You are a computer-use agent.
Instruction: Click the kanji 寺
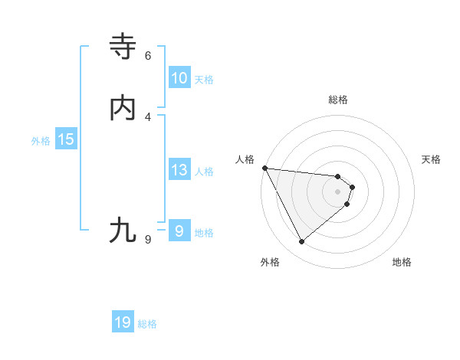click(x=123, y=47)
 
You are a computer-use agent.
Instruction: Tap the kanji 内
click(x=123, y=108)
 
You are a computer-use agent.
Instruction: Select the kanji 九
click(x=123, y=230)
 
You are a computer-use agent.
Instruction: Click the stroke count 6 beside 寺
click(x=148, y=55)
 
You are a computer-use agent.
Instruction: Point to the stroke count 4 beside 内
click(x=148, y=116)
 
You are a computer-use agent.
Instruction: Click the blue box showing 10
click(x=179, y=78)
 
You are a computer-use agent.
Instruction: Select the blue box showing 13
click(x=179, y=170)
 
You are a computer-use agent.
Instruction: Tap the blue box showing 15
click(x=66, y=139)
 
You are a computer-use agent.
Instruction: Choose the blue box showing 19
click(x=123, y=322)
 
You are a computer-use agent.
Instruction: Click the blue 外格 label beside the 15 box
click(x=41, y=141)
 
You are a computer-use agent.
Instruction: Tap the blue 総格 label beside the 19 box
click(x=147, y=324)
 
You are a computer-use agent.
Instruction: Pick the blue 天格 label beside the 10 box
click(x=204, y=80)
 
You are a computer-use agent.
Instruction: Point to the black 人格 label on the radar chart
click(x=245, y=159)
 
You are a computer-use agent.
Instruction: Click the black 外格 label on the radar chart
click(x=270, y=262)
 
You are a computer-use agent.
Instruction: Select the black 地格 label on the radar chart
click(x=402, y=262)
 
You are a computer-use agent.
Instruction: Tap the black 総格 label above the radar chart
click(x=338, y=100)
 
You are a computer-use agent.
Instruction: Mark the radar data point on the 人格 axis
click(x=264, y=168)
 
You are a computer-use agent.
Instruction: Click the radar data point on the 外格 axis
click(x=301, y=242)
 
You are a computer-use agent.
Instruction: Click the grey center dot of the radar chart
click(x=338, y=191)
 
